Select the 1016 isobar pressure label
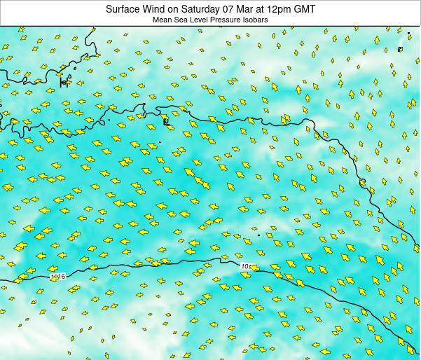pos(57,277)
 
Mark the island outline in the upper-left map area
pos(64,83)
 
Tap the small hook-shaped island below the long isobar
pos(166,122)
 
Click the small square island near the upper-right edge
pos(400,49)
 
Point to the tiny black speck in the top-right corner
pos(408,33)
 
